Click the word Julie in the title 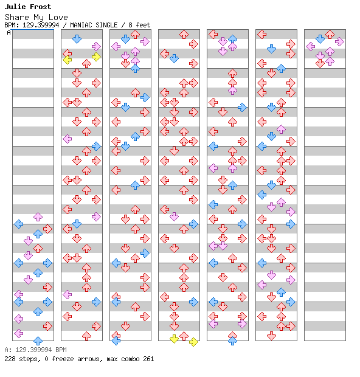click(x=14, y=7)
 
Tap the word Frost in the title click(x=40, y=7)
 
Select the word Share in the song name click(x=17, y=17)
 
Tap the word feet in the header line click(x=143, y=25)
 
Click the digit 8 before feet click(x=130, y=25)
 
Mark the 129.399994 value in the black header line click(x=41, y=25)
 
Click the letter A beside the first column click(x=9, y=32)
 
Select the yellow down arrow click(x=174, y=339)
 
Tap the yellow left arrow click(x=67, y=60)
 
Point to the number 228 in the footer click(x=10, y=359)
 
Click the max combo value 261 click(x=148, y=359)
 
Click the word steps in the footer click(x=29, y=359)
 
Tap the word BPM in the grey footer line click(x=61, y=350)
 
